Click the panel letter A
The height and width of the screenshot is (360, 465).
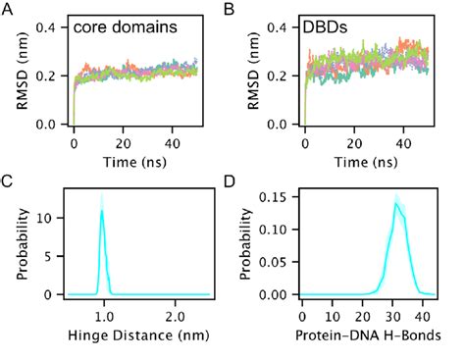9,10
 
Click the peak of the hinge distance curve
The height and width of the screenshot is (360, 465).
101,210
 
